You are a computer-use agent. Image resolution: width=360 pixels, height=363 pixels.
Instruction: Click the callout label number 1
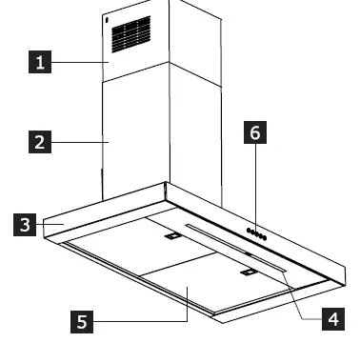tap(39, 63)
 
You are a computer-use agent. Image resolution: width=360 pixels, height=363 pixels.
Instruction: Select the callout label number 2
tap(39, 144)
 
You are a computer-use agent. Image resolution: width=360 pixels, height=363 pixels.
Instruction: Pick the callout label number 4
tap(330, 318)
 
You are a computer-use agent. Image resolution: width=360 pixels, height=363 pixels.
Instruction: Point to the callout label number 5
tap(83, 322)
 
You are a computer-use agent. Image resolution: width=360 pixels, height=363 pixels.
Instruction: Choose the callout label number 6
tap(254, 133)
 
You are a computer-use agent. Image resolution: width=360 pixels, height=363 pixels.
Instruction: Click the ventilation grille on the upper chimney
tap(133, 34)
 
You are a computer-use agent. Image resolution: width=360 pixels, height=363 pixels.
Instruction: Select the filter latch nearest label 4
tap(248, 273)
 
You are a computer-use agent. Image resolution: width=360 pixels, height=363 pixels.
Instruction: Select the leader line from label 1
tap(81, 63)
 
